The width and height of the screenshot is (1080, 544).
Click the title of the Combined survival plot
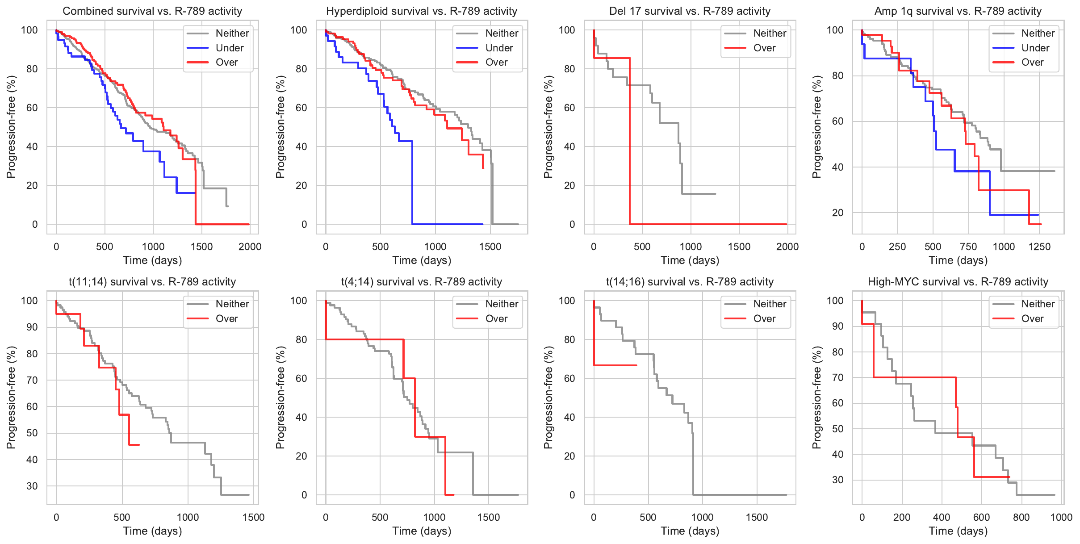pyautogui.click(x=152, y=11)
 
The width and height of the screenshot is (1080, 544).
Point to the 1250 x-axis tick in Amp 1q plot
pyautogui.click(x=1039, y=247)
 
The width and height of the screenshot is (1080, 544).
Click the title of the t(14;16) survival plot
pyautogui.click(x=690, y=282)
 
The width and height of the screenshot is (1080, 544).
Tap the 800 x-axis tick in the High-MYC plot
pyautogui.click(x=1021, y=517)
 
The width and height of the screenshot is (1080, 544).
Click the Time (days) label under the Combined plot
pyautogui.click(x=152, y=260)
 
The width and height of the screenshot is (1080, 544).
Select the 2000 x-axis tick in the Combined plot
pyautogui.click(x=250, y=247)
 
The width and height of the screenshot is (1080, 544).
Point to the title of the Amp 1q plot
pyautogui.click(x=958, y=11)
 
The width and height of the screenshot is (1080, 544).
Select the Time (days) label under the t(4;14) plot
pyautogui.click(x=422, y=531)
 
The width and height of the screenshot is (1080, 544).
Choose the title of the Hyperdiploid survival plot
pyautogui.click(x=422, y=11)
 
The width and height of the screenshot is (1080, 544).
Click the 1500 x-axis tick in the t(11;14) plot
pyautogui.click(x=254, y=517)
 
